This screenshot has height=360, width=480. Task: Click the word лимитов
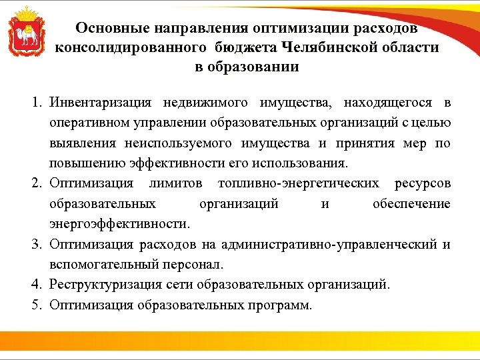tap(176, 183)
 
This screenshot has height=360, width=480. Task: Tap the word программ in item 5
tap(281, 305)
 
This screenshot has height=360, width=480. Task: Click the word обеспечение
tap(411, 204)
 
